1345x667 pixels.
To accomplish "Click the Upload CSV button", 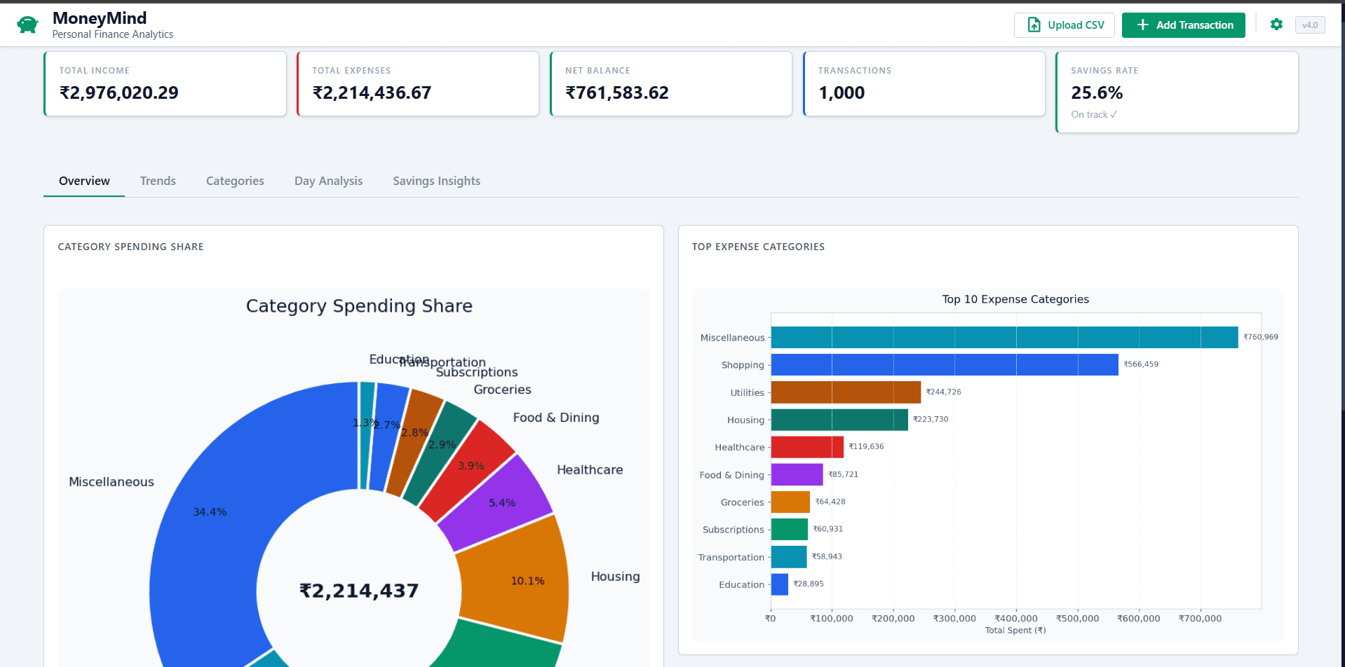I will point(1064,25).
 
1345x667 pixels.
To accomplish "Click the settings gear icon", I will point(1276,25).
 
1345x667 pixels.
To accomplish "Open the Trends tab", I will point(158,181).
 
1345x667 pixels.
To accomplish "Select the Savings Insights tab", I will point(436,181).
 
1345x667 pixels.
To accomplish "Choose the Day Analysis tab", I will point(328,181).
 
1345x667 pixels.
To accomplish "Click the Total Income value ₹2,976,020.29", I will point(119,92).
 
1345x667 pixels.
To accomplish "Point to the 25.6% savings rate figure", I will point(1097,92).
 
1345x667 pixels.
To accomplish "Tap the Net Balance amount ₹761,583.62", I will point(617,92).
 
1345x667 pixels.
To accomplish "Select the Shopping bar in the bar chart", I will point(944,364).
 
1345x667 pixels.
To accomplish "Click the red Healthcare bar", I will point(806,447).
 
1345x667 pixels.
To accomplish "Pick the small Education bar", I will point(779,584).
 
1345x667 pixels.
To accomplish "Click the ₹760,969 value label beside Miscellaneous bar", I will point(1260,337).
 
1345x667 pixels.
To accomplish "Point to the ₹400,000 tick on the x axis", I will point(1016,619).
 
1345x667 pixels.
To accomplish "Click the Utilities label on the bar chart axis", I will point(747,393).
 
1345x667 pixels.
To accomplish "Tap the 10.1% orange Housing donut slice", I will point(519,578).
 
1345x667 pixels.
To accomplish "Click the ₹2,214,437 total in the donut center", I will point(359,591).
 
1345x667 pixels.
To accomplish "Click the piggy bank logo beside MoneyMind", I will point(27,25).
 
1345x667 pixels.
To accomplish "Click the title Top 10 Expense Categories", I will point(1015,299).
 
